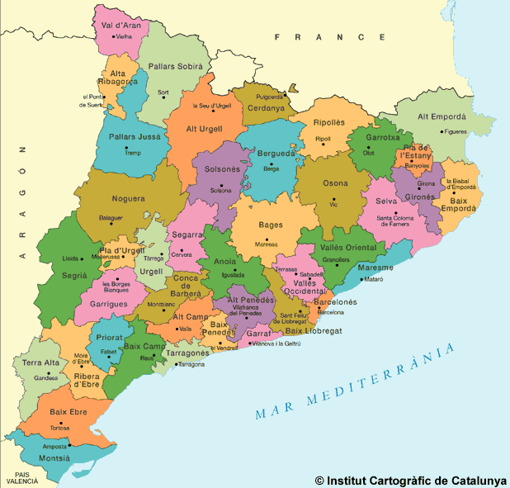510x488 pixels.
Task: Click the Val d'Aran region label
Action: tap(120, 25)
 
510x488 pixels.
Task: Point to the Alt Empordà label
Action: tap(443, 116)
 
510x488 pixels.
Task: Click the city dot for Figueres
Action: tap(442, 131)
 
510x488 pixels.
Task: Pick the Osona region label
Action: tap(335, 183)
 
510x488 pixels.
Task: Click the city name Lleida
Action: tap(71, 258)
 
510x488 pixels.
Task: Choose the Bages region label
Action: tap(271, 225)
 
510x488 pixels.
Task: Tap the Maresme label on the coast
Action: tap(376, 268)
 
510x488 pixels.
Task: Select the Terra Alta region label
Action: tap(40, 362)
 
